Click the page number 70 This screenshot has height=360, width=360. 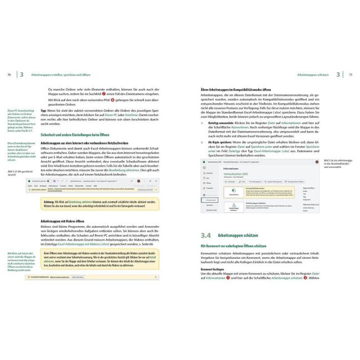tap(8, 74)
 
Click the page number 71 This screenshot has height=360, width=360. tap(351, 74)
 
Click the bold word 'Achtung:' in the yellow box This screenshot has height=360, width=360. tap(50, 201)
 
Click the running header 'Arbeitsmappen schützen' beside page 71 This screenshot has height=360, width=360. tap(314, 74)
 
